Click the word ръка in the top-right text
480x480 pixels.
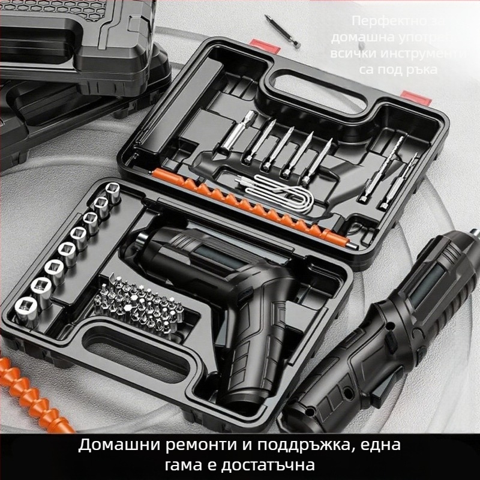point(424,69)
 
